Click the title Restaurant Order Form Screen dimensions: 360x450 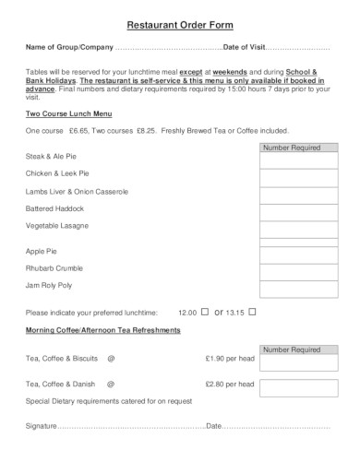pos(179,23)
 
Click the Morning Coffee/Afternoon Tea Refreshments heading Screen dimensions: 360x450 pos(102,329)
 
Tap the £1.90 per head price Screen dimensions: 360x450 pos(230,357)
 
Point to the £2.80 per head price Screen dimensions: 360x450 pos(230,383)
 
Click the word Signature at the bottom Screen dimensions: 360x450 pos(42,426)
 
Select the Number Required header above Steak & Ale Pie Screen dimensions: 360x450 pos(291,147)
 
